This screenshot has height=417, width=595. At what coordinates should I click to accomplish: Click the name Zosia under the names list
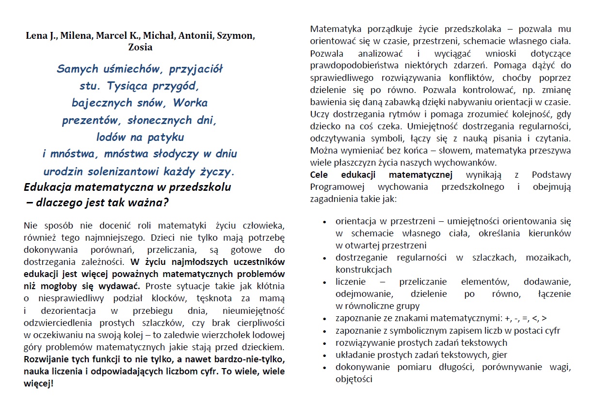click(x=140, y=47)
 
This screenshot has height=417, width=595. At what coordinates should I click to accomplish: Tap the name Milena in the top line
click(x=77, y=36)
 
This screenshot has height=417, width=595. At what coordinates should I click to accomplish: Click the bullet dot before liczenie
click(x=324, y=282)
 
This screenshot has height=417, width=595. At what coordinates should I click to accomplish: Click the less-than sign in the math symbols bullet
click(x=534, y=318)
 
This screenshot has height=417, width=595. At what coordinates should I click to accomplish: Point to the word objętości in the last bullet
click(x=354, y=379)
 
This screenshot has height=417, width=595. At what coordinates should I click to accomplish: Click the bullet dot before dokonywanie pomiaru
click(x=324, y=367)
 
